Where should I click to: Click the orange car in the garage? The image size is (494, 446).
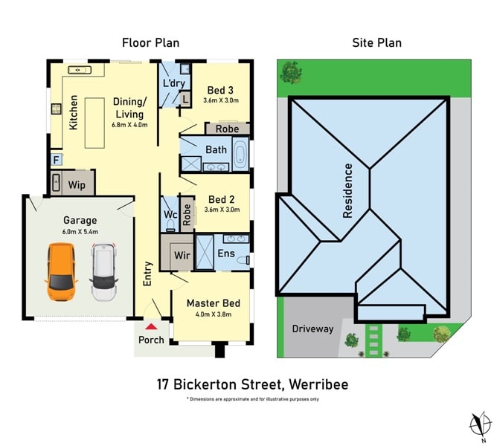tap(62, 272)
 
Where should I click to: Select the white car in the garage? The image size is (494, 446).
tap(103, 273)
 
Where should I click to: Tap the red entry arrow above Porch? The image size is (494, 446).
tap(152, 327)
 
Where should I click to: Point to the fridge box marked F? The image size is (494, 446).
tap(57, 160)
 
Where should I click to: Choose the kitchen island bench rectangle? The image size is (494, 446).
tap(94, 123)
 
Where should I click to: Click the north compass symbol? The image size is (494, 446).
tap(481, 424)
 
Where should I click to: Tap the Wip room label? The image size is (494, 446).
tap(77, 185)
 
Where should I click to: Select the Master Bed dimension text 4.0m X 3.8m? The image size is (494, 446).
tap(214, 314)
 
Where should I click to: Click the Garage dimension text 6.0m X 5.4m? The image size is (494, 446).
tap(80, 232)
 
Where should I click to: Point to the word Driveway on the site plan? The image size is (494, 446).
tap(312, 329)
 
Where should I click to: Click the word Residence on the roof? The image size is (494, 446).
tap(348, 191)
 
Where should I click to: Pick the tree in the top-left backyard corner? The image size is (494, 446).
tap(291, 72)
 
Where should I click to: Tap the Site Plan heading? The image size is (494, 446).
tap(376, 43)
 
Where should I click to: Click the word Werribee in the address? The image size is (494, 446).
tap(318, 384)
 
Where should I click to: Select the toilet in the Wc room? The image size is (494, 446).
tap(170, 225)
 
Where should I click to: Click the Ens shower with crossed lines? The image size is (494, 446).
tap(205, 252)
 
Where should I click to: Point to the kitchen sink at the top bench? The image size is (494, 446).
tap(80, 70)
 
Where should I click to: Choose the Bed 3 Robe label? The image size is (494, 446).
tap(228, 129)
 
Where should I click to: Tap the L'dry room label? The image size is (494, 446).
tap(174, 83)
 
